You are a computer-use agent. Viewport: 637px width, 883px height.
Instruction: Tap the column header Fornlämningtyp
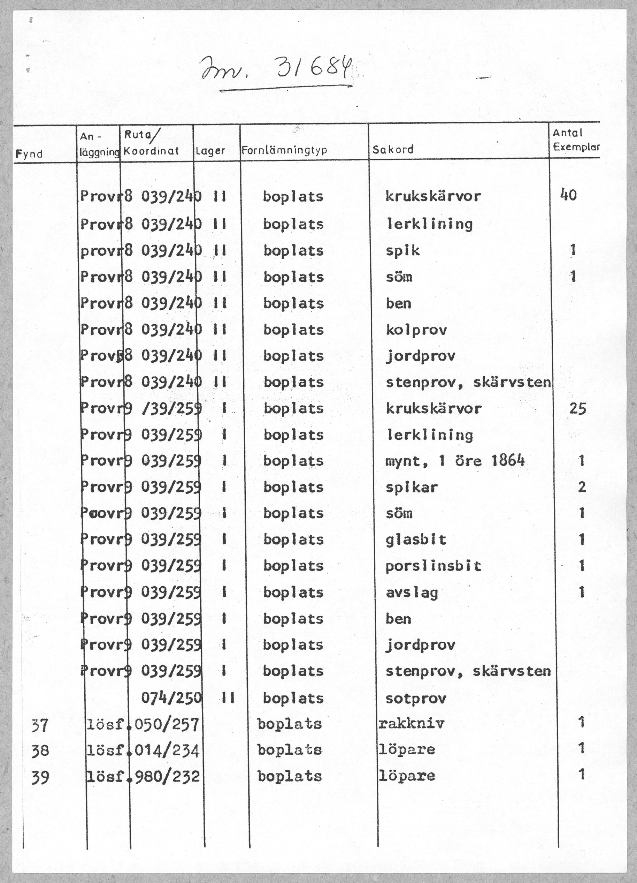click(x=284, y=150)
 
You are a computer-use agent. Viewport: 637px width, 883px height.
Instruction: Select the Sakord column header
click(x=393, y=150)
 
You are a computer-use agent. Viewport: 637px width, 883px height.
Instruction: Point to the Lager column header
click(x=210, y=151)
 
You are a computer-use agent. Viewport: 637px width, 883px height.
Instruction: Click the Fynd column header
click(x=29, y=154)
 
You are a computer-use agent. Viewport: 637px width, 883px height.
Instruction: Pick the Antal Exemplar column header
click(x=575, y=140)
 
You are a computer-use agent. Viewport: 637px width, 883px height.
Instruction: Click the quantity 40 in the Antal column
click(x=568, y=195)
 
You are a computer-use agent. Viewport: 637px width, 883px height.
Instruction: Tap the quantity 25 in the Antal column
click(x=577, y=408)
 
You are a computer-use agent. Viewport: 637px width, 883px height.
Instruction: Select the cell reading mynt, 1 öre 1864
click(x=455, y=461)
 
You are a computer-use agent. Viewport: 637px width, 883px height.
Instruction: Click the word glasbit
click(x=416, y=539)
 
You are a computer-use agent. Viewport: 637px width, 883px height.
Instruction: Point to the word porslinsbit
click(x=433, y=566)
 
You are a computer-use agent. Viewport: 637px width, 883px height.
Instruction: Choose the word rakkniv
click(x=411, y=724)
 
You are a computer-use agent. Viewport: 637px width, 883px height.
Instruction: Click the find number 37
click(x=40, y=725)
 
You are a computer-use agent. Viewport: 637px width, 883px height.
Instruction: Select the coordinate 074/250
click(x=171, y=698)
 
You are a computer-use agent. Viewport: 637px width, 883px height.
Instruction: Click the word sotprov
click(x=416, y=698)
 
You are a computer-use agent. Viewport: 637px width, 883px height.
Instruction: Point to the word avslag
click(x=412, y=593)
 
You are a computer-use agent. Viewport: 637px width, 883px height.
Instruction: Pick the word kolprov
click(x=416, y=330)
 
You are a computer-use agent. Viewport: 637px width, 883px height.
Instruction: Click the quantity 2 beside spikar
click(x=582, y=487)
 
